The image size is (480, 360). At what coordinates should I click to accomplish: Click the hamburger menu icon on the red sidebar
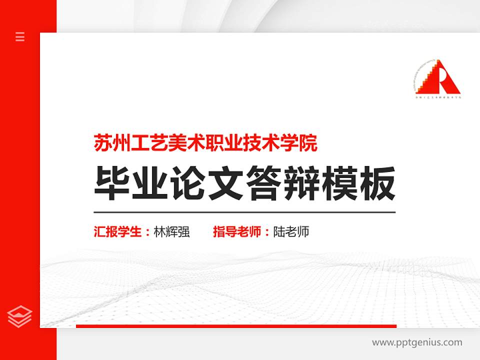[x=20, y=36]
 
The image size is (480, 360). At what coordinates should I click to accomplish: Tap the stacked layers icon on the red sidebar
[x=20, y=316]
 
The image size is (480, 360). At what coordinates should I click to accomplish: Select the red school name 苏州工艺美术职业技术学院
[x=205, y=143]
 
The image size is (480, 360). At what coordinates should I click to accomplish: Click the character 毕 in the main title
[x=109, y=183]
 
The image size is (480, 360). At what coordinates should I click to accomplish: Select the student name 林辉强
[x=171, y=232]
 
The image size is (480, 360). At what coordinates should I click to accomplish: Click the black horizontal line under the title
[x=244, y=212]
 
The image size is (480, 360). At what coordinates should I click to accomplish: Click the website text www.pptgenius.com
[x=417, y=342]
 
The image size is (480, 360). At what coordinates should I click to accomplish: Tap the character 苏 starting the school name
[x=102, y=143]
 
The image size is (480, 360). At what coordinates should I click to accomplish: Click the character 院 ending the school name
[x=309, y=143]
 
